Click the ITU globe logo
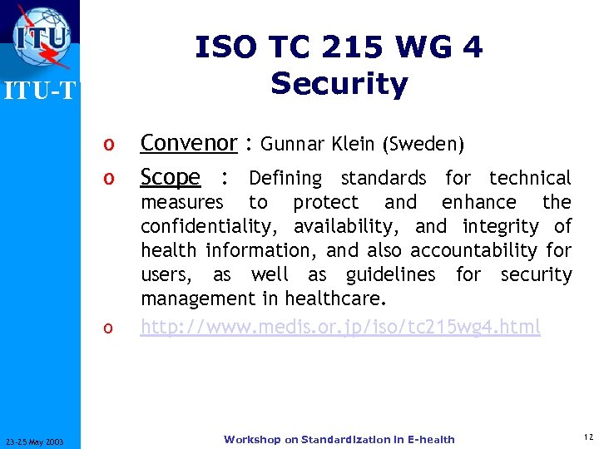click(x=42, y=38)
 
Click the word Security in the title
click(x=339, y=83)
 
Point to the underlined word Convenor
click(x=189, y=143)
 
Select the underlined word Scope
click(x=171, y=177)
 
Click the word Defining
click(x=285, y=178)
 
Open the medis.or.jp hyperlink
click(x=340, y=327)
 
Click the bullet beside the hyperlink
click(x=107, y=328)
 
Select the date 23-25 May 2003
click(x=40, y=440)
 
